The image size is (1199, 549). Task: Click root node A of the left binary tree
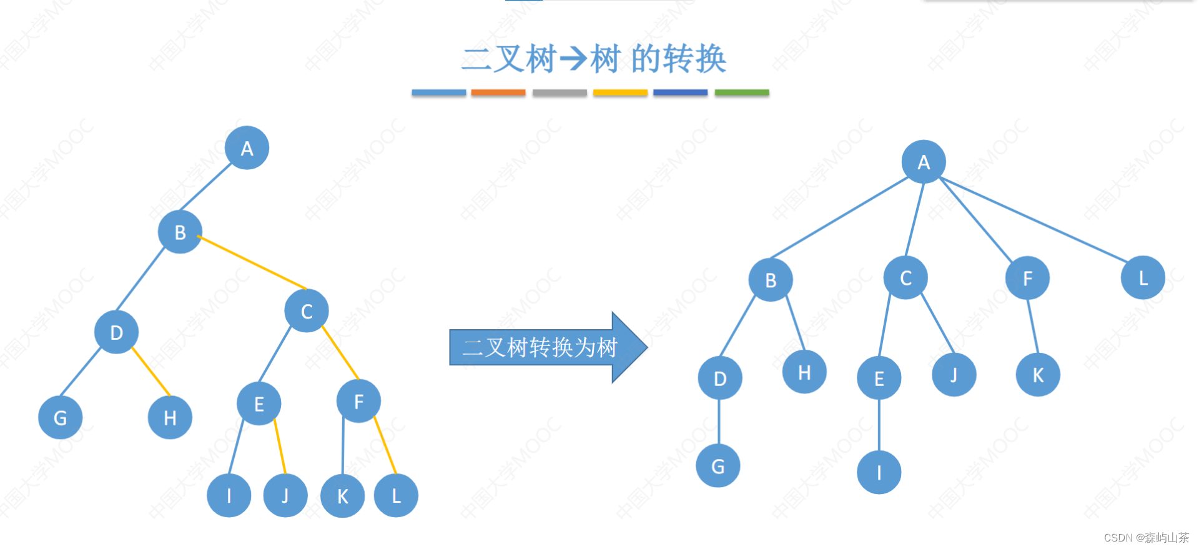(247, 148)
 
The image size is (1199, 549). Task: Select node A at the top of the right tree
(924, 162)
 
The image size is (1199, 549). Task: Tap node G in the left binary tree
(60, 417)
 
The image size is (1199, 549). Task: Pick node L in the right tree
(1143, 278)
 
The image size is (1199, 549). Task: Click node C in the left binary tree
(307, 311)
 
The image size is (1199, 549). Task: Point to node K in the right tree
(1038, 375)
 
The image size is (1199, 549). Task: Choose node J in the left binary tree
(285, 495)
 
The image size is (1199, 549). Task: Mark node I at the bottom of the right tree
(879, 472)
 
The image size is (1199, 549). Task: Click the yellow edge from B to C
(252, 262)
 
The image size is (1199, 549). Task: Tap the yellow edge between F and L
(385, 445)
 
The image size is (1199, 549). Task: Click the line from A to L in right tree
(1034, 220)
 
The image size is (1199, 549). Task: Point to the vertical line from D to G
(719, 422)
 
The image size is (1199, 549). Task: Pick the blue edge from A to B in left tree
(205, 187)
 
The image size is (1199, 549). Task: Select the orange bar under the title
(498, 92)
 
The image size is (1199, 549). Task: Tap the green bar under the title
(741, 92)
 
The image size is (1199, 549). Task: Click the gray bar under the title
(560, 92)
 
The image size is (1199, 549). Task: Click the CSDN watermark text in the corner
(1146, 538)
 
